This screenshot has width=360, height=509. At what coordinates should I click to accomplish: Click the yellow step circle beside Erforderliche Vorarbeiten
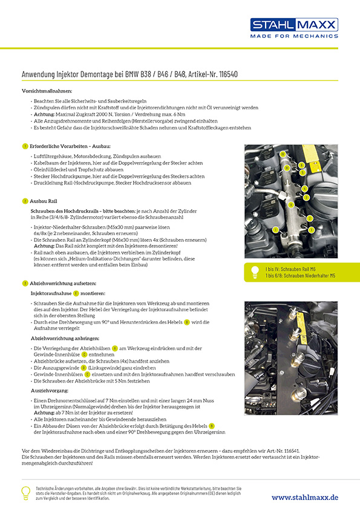tap(24, 146)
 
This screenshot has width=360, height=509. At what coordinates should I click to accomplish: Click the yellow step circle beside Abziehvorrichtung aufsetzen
tap(24, 283)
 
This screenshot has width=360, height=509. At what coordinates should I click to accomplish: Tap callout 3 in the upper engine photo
tap(306, 198)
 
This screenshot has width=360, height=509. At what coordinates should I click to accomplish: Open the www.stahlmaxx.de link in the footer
tap(304, 497)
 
